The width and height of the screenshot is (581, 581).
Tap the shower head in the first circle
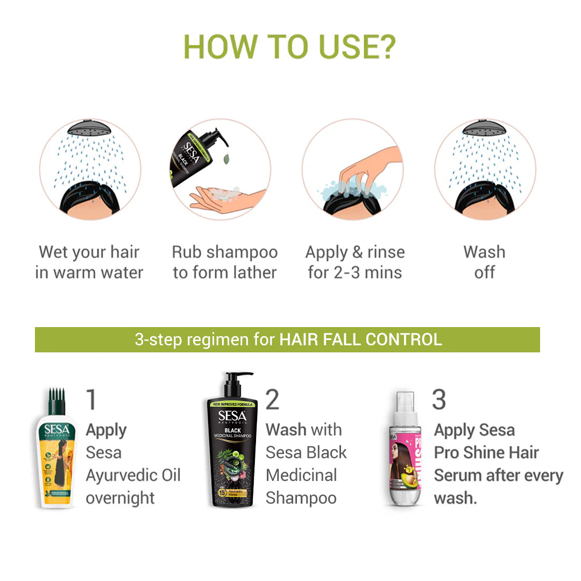[x=90, y=130]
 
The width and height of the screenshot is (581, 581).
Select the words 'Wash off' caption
[x=484, y=262]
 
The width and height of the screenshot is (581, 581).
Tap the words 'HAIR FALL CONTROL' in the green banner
[x=360, y=339]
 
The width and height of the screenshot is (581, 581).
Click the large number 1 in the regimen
[x=92, y=400]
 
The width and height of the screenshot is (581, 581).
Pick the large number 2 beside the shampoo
[x=273, y=400]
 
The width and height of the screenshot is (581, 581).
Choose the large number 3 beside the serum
[x=439, y=400]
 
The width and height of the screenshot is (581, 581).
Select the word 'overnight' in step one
[x=121, y=498]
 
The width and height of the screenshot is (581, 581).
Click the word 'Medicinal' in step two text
[x=301, y=476]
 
